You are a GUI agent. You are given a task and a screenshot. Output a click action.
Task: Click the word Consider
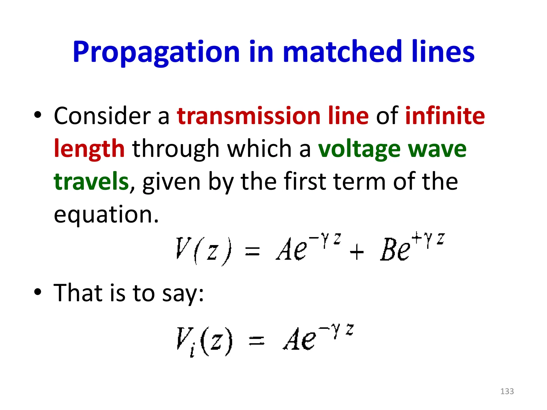click(x=102, y=116)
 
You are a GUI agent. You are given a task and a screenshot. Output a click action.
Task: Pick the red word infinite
click(x=445, y=116)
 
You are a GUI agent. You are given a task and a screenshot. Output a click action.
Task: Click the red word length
click(x=89, y=149)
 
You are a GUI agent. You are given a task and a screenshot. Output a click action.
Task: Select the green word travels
click(x=91, y=182)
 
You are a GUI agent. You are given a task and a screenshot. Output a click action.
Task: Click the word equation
click(x=106, y=215)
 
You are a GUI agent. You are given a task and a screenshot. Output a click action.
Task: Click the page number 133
click(x=507, y=391)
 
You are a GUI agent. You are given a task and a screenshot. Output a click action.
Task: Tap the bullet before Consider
click(x=38, y=115)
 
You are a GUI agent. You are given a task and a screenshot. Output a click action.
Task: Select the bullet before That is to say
click(x=38, y=292)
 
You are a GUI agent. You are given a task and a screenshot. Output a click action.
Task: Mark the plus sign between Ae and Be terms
click(x=357, y=252)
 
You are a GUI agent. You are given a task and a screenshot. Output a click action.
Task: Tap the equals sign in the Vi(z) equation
click(x=256, y=341)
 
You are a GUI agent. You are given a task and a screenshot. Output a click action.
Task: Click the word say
click(x=182, y=294)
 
